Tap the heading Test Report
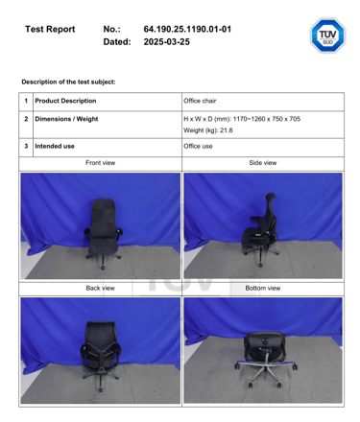(x=49, y=29)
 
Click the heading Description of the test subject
(x=67, y=82)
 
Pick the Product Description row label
(x=64, y=101)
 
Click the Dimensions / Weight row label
(x=65, y=119)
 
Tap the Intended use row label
(x=54, y=146)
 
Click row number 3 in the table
(x=26, y=146)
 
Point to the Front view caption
(x=99, y=163)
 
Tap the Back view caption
(x=99, y=288)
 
